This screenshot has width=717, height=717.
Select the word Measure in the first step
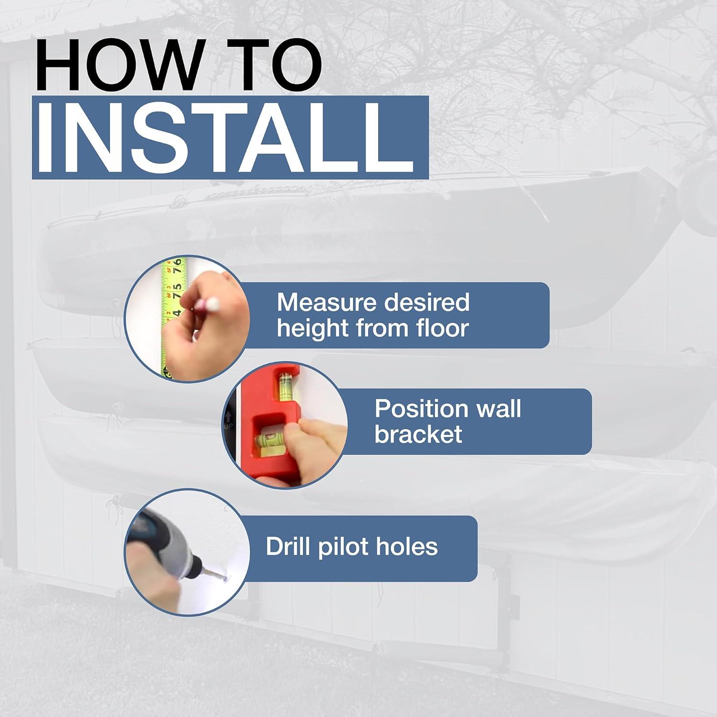(x=326, y=303)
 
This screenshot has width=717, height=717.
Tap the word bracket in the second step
(x=418, y=435)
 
